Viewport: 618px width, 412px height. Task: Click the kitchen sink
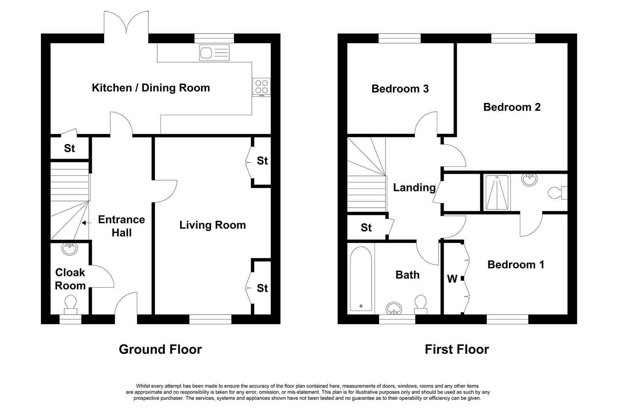(214, 52)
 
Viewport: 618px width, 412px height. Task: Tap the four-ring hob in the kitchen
(261, 87)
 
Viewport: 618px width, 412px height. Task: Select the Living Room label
(212, 225)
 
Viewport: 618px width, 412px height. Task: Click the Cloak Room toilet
(70, 305)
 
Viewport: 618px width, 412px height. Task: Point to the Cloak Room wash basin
(69, 249)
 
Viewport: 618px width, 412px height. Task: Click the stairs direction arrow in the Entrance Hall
(86, 223)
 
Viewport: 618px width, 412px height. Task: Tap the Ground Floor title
(160, 349)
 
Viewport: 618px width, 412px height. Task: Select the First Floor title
(457, 349)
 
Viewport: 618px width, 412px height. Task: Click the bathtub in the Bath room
(361, 279)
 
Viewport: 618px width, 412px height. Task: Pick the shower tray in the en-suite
(497, 192)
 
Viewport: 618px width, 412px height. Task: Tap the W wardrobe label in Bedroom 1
(452, 279)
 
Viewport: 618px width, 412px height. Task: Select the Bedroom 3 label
(400, 89)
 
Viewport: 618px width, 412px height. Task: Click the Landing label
(414, 188)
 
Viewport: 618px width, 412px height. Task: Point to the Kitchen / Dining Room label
(151, 88)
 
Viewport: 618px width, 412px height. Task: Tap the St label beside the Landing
(366, 227)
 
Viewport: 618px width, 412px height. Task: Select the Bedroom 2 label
(512, 107)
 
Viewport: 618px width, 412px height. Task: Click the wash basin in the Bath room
(394, 309)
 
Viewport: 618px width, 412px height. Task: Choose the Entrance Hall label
(121, 226)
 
